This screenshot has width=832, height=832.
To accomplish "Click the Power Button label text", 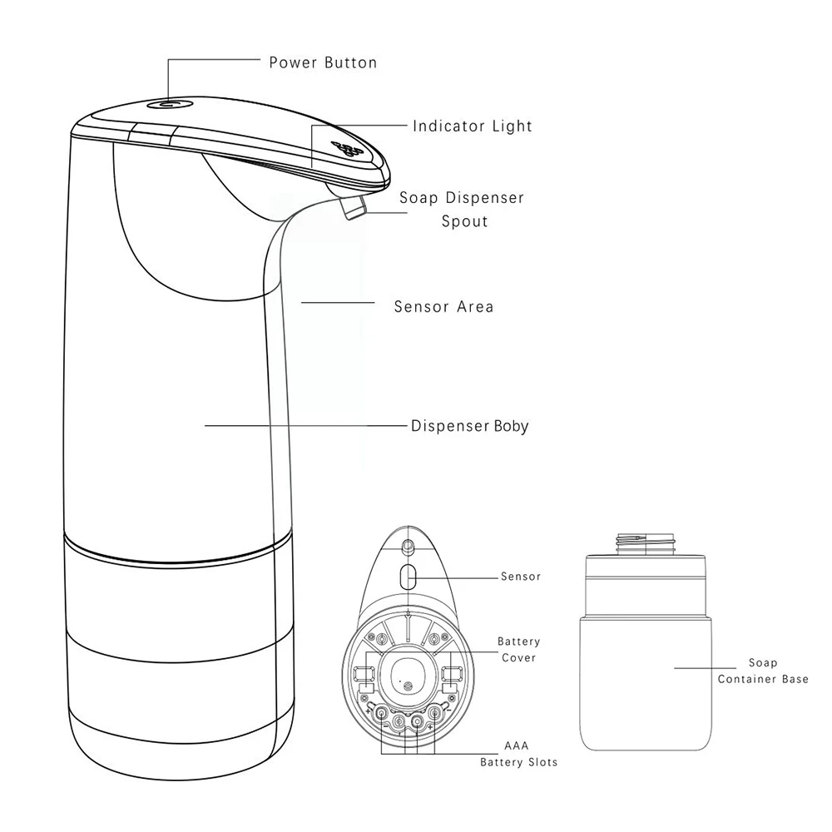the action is click(x=323, y=62).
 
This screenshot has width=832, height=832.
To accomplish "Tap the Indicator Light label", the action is click(x=473, y=126).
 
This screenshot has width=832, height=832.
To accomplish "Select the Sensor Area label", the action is click(x=443, y=307).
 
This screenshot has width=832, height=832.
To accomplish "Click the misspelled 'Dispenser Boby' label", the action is click(x=469, y=426).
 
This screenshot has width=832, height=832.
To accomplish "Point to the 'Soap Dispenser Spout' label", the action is click(x=462, y=209).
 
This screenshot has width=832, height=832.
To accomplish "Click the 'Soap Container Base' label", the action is click(x=763, y=671).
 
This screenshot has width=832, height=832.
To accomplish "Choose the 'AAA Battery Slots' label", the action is click(x=518, y=754).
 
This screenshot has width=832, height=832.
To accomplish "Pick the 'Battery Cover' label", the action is click(x=518, y=650).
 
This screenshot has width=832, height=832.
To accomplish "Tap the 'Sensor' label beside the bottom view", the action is click(x=521, y=577).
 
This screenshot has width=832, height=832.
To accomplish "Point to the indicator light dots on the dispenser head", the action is click(x=346, y=149).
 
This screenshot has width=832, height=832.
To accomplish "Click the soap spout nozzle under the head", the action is click(x=354, y=207).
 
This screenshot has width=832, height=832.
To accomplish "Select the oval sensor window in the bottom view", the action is click(x=408, y=577).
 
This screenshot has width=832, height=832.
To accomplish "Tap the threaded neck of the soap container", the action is click(x=646, y=544).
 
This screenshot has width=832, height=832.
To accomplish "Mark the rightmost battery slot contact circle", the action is click(x=434, y=714).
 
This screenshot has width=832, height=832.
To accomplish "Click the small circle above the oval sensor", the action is click(x=408, y=545).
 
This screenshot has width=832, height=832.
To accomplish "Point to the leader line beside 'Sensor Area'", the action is click(x=338, y=303).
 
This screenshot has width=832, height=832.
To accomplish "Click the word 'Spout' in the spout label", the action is click(x=465, y=222).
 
